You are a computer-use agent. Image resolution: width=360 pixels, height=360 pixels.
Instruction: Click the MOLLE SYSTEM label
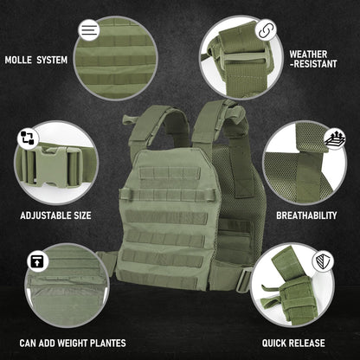(x=35, y=60)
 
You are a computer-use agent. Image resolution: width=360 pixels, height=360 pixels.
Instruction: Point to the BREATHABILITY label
(x=306, y=215)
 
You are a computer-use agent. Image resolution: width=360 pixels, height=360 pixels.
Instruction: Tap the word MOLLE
(x=18, y=60)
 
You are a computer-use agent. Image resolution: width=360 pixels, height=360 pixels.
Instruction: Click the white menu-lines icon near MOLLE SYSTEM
(x=89, y=29)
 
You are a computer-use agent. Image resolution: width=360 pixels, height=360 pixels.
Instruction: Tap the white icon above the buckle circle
(x=29, y=138)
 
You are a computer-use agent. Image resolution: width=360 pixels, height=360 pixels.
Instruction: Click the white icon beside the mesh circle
(x=333, y=138)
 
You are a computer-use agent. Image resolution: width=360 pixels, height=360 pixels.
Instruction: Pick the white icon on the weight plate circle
(x=37, y=260)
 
